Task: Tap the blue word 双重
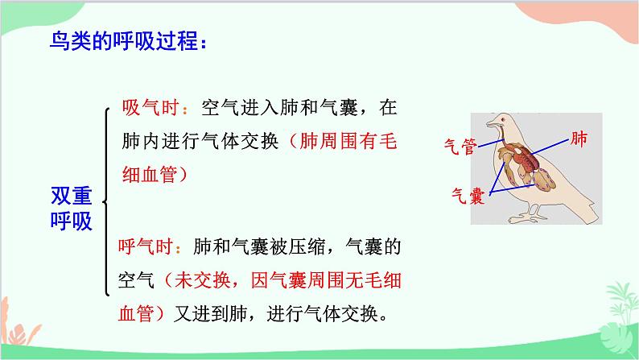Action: [71, 197]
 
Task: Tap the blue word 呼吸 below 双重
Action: [71, 221]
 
